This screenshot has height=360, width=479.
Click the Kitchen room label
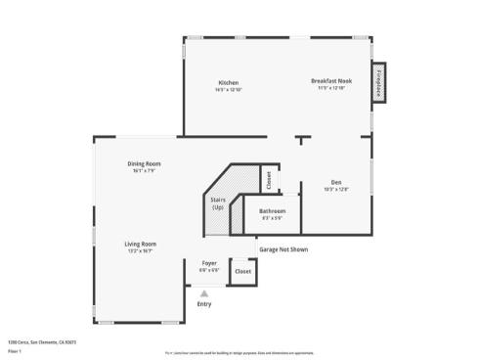(229, 83)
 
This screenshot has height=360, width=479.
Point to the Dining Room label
(144, 163)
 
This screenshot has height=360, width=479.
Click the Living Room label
(140, 244)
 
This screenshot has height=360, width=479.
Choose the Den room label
(335, 182)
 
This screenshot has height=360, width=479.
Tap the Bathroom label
(273, 211)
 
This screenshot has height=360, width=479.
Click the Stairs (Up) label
(217, 203)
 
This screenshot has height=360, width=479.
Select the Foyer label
(209, 263)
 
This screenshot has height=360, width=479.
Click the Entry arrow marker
(204, 292)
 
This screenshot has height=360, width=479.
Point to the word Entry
(204, 303)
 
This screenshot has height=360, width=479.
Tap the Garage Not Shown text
(283, 249)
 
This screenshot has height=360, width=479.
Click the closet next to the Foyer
(243, 271)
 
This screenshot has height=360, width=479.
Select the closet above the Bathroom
(267, 180)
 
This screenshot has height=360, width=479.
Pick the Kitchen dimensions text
(229, 90)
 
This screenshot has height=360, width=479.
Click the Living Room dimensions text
(140, 251)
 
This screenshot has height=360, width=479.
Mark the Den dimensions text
(335, 189)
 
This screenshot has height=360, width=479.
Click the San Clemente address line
(42, 342)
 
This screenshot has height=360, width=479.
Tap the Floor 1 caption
(15, 349)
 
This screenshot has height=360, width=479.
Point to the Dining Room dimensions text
(144, 170)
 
